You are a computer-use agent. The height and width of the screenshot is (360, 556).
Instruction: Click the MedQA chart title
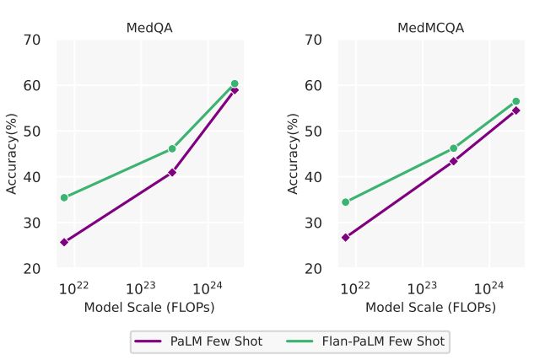click(149, 28)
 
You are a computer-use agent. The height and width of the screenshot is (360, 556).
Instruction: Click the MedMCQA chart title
click(430, 28)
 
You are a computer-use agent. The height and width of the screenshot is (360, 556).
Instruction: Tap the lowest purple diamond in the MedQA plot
click(64, 242)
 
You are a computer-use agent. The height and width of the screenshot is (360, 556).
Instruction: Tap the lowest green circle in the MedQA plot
click(64, 197)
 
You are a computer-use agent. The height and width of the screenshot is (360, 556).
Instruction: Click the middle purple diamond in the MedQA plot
click(172, 172)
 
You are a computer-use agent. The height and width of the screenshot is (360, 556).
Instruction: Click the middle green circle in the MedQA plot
click(172, 148)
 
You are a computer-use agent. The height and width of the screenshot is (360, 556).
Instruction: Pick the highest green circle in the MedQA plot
click(235, 83)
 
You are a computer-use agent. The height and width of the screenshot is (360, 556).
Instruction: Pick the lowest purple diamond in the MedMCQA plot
click(346, 237)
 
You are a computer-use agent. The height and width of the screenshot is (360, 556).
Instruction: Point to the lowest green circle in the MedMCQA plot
click(346, 201)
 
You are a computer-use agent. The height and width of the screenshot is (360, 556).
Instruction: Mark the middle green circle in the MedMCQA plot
click(453, 148)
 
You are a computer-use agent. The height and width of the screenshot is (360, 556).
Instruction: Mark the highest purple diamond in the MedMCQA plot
click(516, 110)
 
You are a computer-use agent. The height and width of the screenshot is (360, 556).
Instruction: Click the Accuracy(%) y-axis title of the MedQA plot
click(13, 153)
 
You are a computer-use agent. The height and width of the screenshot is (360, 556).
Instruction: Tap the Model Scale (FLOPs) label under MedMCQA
click(430, 308)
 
